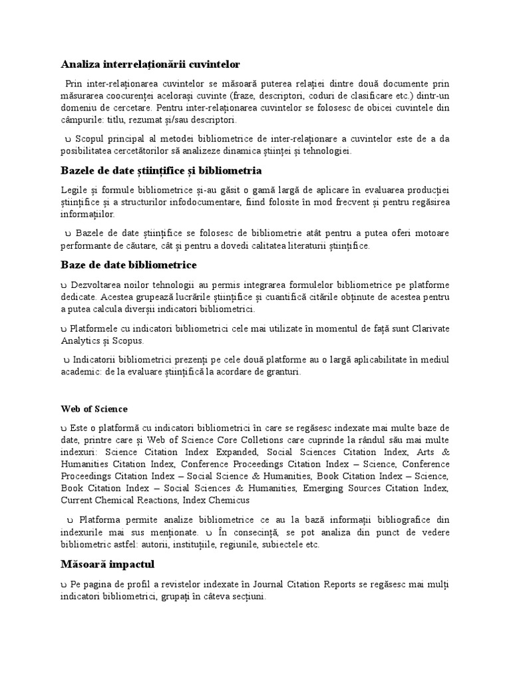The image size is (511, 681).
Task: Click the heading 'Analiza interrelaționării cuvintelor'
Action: pyautogui.click(x=150, y=64)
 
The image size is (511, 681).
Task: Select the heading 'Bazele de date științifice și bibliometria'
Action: pyautogui.click(x=160, y=171)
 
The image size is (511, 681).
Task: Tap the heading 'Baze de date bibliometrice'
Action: pyautogui.click(x=125, y=265)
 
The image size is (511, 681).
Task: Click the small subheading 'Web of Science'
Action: pyautogui.click(x=94, y=408)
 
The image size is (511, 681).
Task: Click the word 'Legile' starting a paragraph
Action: pyautogui.click(x=74, y=191)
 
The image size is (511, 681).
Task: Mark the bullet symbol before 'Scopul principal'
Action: pyautogui.click(x=69, y=138)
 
